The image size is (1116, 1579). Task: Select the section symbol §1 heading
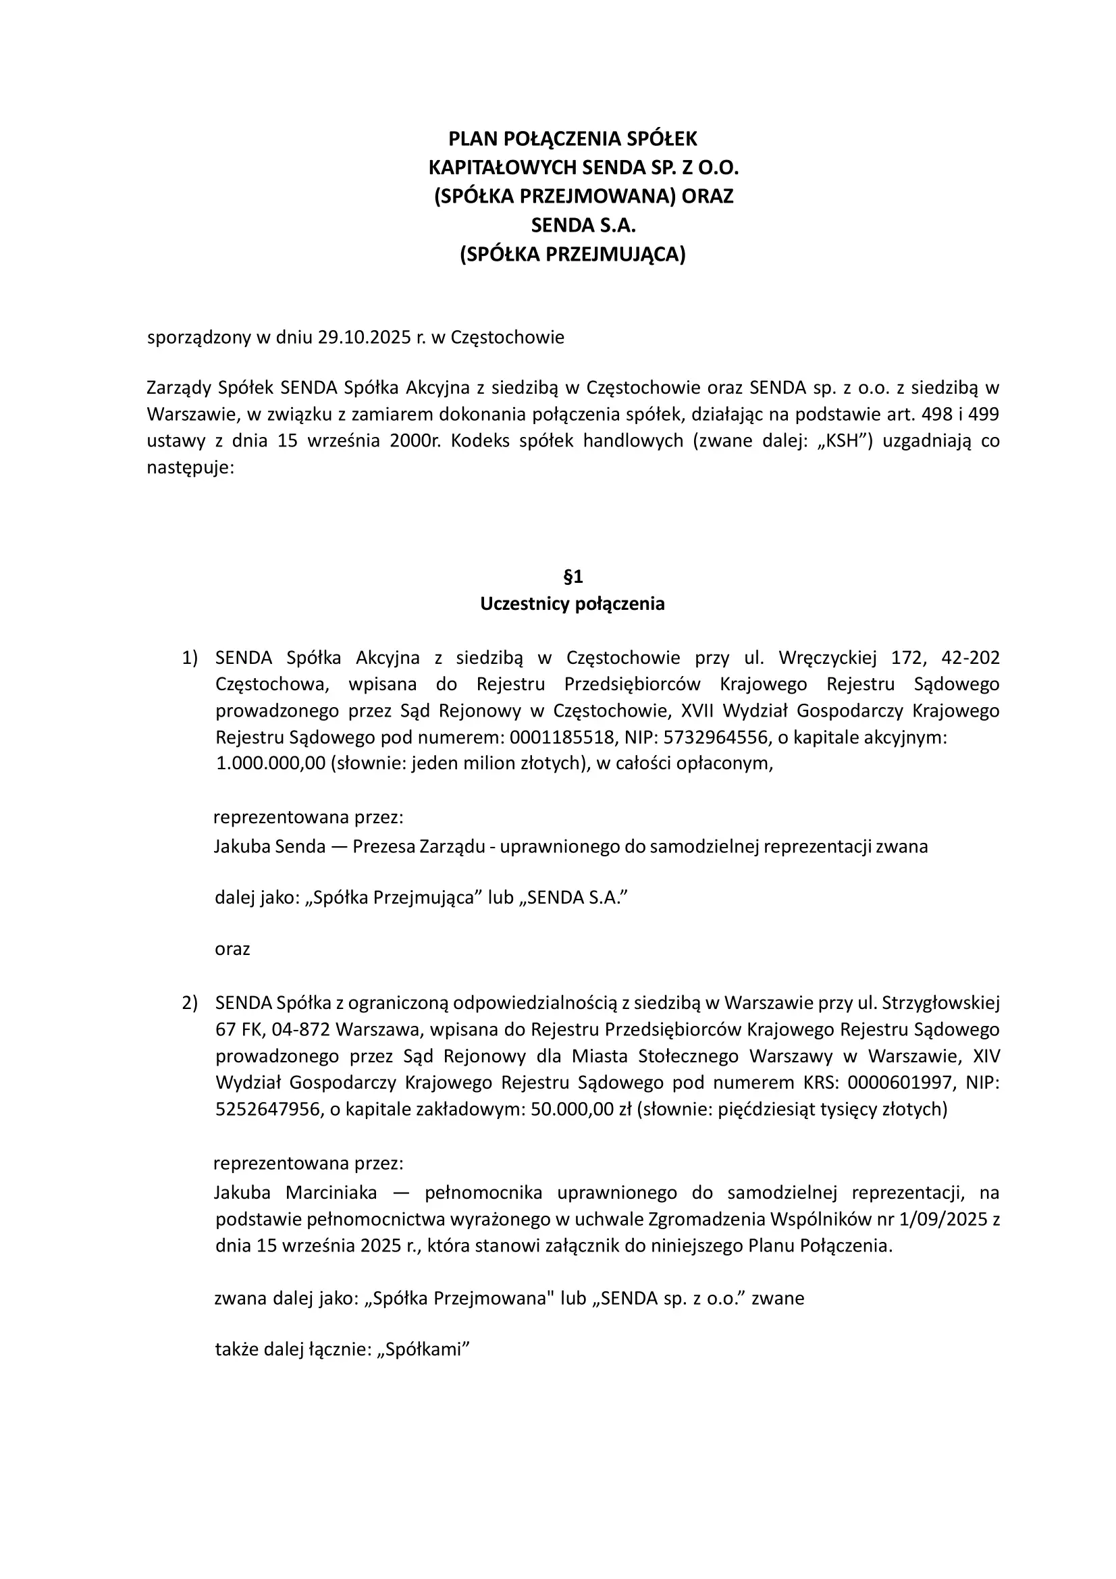click(573, 576)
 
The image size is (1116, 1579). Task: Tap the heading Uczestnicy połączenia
click(572, 604)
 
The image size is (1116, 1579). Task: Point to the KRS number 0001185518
click(562, 738)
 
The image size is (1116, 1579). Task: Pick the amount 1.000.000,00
click(270, 764)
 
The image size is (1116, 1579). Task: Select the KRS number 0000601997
click(901, 1083)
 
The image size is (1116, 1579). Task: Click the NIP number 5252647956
click(267, 1110)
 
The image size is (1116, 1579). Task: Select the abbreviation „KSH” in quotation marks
click(843, 441)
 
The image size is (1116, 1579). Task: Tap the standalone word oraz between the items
click(232, 950)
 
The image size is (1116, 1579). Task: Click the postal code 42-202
click(970, 658)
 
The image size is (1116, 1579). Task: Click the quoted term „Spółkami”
click(423, 1349)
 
